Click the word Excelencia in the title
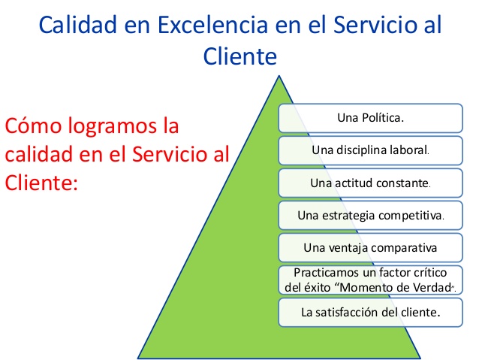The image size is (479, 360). click(x=212, y=25)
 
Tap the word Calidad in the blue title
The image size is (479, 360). click(x=78, y=25)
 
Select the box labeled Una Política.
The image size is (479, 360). click(x=371, y=118)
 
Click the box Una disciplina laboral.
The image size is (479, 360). click(x=371, y=150)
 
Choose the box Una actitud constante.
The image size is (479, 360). click(x=371, y=183)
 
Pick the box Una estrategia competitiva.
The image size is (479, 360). click(x=371, y=216)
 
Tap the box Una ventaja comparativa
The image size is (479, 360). click(x=371, y=248)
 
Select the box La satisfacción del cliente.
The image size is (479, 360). click(x=371, y=313)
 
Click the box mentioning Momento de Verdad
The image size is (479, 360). click(x=371, y=280)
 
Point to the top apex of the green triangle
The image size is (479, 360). click(x=279, y=76)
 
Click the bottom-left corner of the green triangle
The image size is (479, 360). click(x=138, y=358)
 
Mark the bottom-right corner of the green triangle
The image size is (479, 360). click(x=420, y=358)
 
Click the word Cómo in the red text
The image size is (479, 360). click(x=33, y=126)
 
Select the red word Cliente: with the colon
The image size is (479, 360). click(x=41, y=183)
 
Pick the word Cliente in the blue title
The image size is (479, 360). click(x=240, y=56)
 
